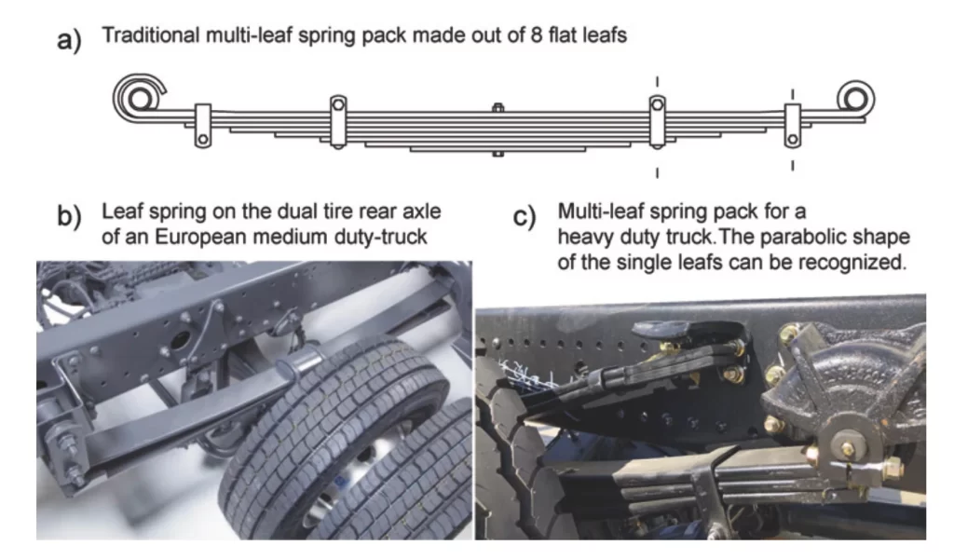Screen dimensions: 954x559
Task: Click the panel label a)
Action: (x=69, y=39)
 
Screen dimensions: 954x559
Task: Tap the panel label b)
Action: (x=69, y=216)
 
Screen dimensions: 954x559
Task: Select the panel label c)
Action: (x=525, y=216)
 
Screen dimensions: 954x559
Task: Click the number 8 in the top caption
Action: (x=536, y=35)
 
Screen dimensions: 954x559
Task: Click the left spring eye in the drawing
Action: (x=140, y=96)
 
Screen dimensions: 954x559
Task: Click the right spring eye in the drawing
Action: (x=855, y=99)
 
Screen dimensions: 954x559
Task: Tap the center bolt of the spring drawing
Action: (x=497, y=130)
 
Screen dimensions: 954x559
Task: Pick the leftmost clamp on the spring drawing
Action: (x=203, y=125)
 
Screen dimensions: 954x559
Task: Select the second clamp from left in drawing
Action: (x=338, y=121)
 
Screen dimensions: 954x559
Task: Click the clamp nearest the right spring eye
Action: (x=792, y=125)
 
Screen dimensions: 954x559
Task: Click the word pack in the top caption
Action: (x=385, y=36)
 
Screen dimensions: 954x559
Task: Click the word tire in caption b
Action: (x=339, y=211)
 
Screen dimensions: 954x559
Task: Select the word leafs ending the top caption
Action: (x=601, y=35)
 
